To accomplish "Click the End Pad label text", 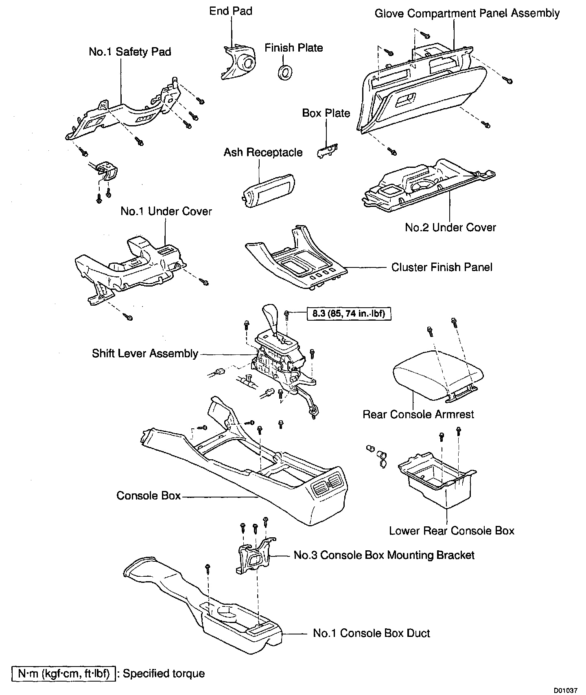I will [231, 11].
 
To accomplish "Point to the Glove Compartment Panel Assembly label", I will [467, 13].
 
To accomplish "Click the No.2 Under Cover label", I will [450, 227].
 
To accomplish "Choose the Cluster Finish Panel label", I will [442, 267].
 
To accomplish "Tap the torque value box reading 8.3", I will [349, 314].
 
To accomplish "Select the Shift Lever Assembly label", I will [145, 353].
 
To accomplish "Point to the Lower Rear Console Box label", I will [452, 531].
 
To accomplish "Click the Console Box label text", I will [149, 495].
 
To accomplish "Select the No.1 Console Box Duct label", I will [371, 633].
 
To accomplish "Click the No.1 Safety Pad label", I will [130, 52].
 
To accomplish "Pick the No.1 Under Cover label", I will [166, 211].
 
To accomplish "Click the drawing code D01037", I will [565, 690].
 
